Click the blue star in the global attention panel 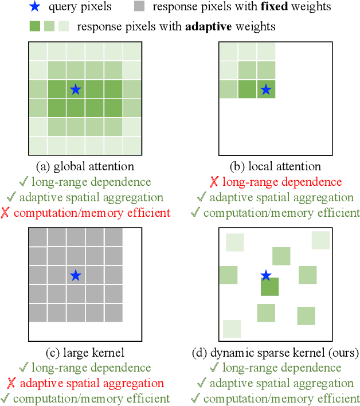[x=75, y=89]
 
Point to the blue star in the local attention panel [x=265, y=89]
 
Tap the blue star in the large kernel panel [x=75, y=275]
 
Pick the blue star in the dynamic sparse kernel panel [x=265, y=276]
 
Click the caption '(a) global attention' [x=85, y=167]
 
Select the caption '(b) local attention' [x=275, y=167]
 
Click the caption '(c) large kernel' [x=85, y=352]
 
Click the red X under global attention [x=6, y=213]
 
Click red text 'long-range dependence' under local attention [x=282, y=182]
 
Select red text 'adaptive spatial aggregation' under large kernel [x=92, y=383]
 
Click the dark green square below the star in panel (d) [x=269, y=287]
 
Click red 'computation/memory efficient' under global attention [x=92, y=213]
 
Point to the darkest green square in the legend [x=34, y=26]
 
